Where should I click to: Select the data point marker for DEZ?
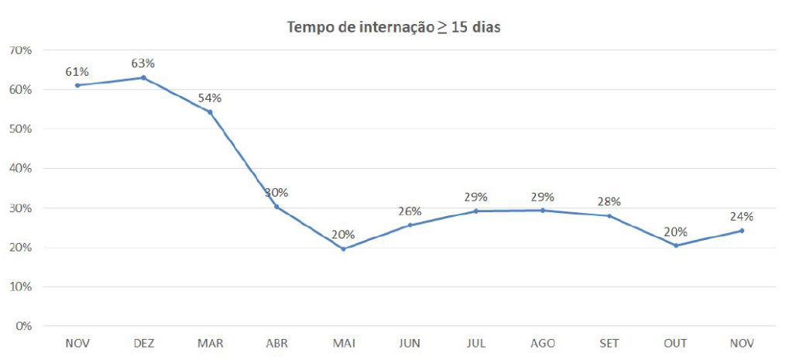click(x=143, y=77)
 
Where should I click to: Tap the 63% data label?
click(x=143, y=63)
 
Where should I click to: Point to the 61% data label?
click(x=77, y=71)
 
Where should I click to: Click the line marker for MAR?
click(x=210, y=112)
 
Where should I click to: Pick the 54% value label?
click(x=210, y=98)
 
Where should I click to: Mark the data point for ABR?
click(x=276, y=207)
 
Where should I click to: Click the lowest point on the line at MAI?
click(x=343, y=249)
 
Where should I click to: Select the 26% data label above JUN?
click(x=410, y=211)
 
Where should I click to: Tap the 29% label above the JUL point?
click(x=476, y=197)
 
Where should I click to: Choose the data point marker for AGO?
click(x=543, y=210)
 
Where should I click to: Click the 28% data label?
click(x=609, y=201)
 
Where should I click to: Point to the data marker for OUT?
click(x=676, y=245)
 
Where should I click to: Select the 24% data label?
click(x=741, y=216)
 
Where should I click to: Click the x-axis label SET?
click(x=609, y=343)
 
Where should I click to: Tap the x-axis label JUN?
click(x=410, y=343)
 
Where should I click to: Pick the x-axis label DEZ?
click(x=143, y=343)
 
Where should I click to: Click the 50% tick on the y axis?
click(x=20, y=129)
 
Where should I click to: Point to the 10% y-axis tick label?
click(x=20, y=286)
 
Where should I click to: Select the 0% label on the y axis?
click(x=22, y=326)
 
